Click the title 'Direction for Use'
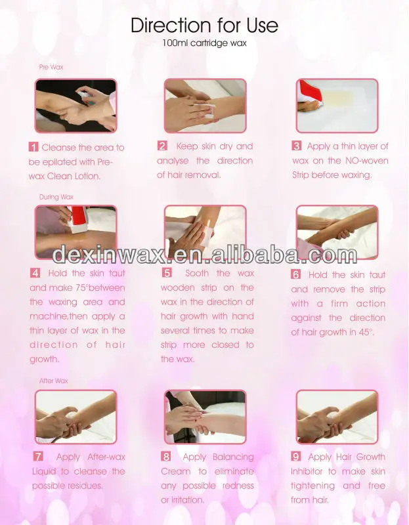[204, 25]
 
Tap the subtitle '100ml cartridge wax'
[204, 43]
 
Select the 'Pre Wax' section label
[51, 67]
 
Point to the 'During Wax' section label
[56, 197]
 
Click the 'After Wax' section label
[54, 381]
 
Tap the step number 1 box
[33, 147]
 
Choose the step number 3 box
[297, 146]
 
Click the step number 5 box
[167, 272]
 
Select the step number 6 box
[296, 274]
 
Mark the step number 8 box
[166, 456]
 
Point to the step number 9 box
[296, 456]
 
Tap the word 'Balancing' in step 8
[233, 457]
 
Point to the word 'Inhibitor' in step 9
[306, 471]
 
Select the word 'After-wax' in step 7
[106, 457]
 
